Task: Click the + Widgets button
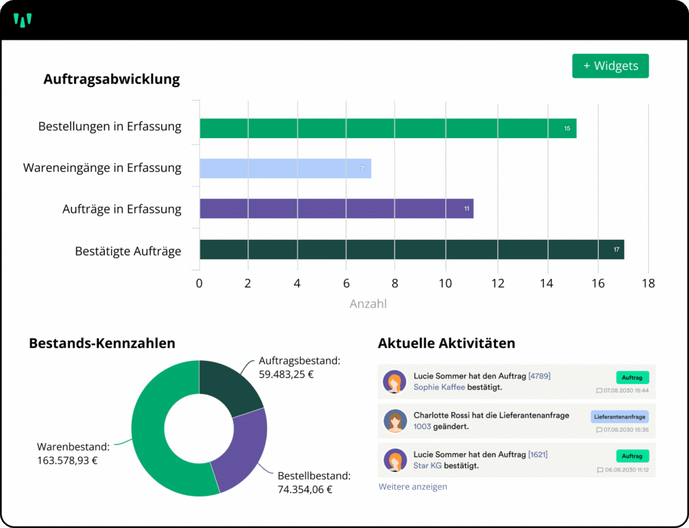[610, 66]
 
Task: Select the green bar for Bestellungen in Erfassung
[388, 128]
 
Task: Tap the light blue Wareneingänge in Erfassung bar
[285, 168]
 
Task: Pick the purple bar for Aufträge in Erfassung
[336, 209]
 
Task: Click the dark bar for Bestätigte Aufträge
[412, 249]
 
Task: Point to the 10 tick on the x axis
[445, 284]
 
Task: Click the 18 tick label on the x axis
[648, 284]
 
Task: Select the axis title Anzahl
[368, 304]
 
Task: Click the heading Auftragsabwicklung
[112, 79]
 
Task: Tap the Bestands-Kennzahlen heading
[102, 343]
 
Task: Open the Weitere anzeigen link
[412, 486]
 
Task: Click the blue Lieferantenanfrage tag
[620, 417]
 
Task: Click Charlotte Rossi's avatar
[395, 421]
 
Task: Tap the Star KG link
[427, 465]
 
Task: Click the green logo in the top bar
[23, 20]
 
